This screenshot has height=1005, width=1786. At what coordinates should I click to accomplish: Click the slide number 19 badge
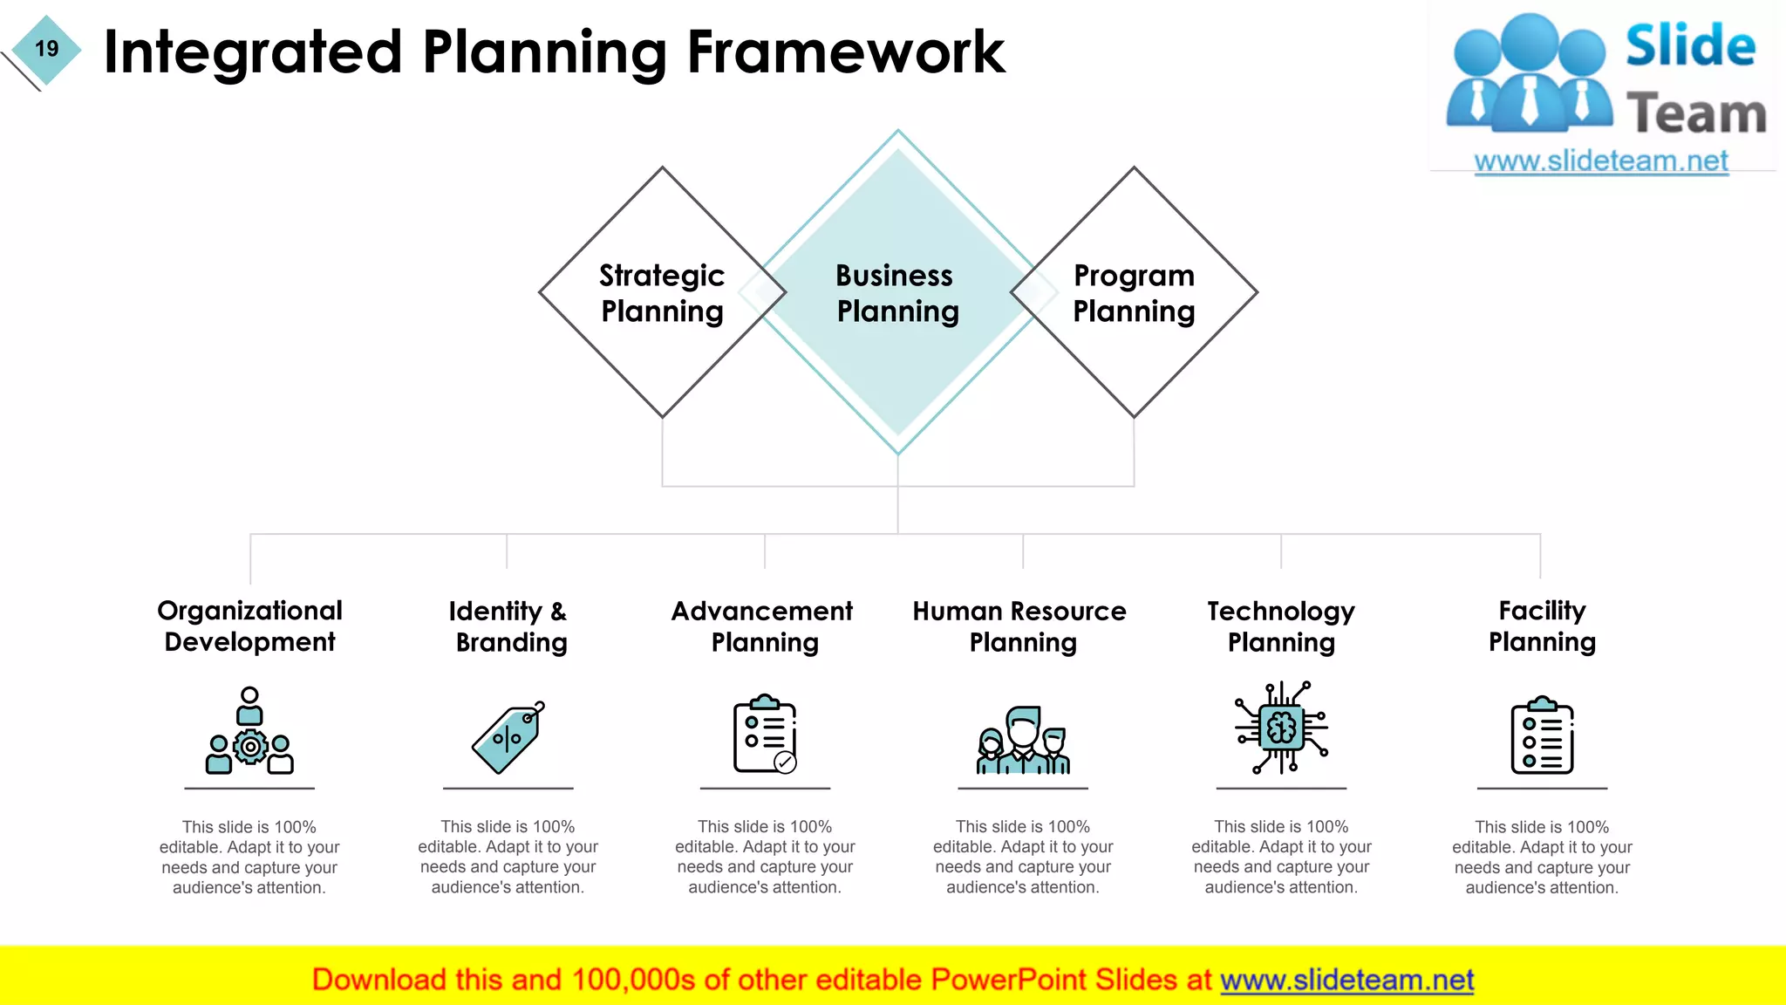click(46, 49)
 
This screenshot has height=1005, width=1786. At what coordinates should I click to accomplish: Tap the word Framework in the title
click(845, 52)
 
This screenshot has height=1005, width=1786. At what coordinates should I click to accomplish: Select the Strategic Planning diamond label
click(662, 293)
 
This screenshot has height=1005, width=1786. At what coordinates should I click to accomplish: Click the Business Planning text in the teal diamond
click(896, 293)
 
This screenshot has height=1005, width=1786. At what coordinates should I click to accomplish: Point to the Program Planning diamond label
click(1134, 293)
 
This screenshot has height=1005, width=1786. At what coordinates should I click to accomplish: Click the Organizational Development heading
click(249, 626)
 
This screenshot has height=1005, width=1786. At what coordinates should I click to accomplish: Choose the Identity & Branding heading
click(509, 626)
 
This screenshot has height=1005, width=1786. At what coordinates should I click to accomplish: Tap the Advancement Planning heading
click(763, 626)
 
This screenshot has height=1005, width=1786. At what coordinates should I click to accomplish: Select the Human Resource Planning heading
click(1020, 626)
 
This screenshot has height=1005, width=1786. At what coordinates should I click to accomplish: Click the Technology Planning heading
click(1281, 626)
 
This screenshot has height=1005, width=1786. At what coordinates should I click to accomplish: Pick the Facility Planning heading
click(1542, 626)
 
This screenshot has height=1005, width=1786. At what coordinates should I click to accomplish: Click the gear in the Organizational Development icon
click(250, 747)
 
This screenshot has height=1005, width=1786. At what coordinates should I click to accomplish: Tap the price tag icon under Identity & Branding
click(508, 738)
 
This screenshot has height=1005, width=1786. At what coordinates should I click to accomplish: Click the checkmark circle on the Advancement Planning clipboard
click(785, 762)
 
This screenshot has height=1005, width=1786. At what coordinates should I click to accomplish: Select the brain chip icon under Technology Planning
click(1281, 728)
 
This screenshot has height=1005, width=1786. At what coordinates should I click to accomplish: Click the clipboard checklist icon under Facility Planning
click(1542, 736)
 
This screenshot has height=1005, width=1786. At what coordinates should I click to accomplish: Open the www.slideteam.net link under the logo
click(1601, 161)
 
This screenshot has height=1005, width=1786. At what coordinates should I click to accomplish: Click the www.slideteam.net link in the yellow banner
click(1346, 980)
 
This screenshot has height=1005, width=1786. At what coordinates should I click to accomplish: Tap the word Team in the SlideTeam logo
click(1695, 114)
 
